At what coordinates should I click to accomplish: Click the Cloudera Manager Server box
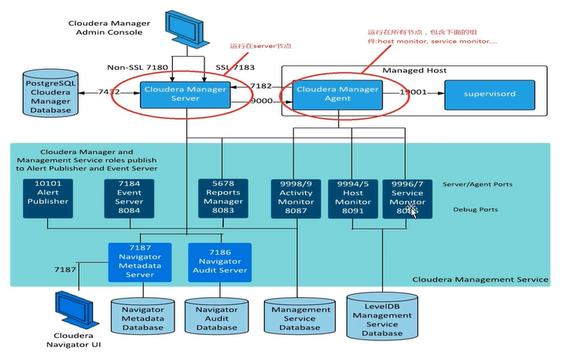pos(185,94)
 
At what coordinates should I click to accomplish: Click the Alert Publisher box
pos(48,197)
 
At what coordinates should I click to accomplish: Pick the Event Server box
pos(126,197)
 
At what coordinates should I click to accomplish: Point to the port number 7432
pos(110,93)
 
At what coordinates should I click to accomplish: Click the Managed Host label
pos(414,71)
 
